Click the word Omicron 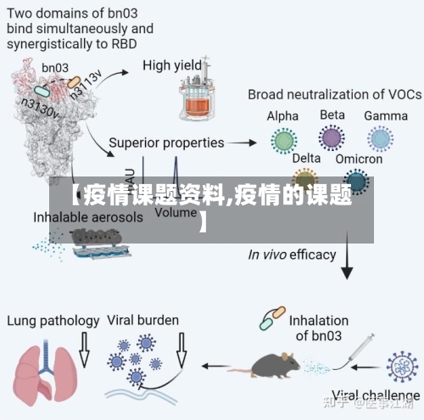359,159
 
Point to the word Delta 307,158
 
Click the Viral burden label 142,321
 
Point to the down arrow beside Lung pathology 83,347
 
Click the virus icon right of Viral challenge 401,366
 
